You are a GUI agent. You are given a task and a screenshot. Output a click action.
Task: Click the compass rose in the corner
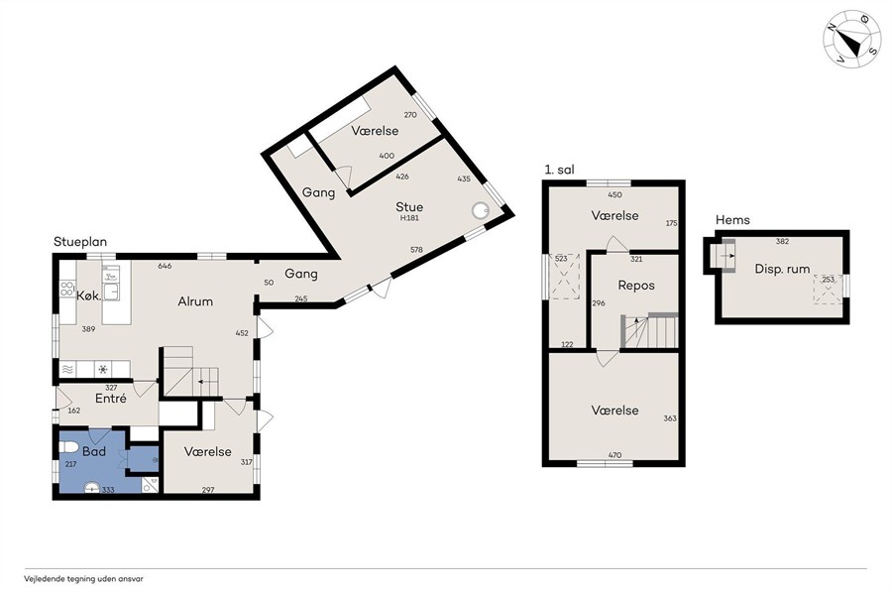click(x=851, y=39)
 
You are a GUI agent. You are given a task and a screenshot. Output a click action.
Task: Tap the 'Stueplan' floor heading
click(x=80, y=242)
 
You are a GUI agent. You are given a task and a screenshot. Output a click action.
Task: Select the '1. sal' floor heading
click(x=559, y=170)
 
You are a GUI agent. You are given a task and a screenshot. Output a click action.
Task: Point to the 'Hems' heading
click(x=732, y=220)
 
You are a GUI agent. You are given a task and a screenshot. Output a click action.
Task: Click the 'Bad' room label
click(x=94, y=451)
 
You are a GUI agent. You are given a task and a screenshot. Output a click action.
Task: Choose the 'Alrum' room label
click(x=195, y=301)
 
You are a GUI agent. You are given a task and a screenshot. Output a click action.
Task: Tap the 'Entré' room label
click(x=111, y=399)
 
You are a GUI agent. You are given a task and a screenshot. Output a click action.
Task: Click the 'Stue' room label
click(x=409, y=206)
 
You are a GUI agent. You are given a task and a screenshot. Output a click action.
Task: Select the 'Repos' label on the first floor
click(x=636, y=286)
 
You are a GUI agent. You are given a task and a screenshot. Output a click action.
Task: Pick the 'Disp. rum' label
click(x=782, y=270)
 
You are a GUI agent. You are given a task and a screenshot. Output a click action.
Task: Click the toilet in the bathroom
click(x=68, y=445)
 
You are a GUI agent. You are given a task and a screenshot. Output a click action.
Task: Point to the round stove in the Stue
click(x=481, y=210)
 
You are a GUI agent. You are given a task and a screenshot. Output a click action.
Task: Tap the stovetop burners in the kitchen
click(x=67, y=289)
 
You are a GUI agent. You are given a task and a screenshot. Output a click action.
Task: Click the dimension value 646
click(x=165, y=266)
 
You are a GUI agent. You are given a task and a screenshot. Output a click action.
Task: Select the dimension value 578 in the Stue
click(x=416, y=249)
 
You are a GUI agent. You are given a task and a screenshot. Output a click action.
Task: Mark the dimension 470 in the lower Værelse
click(x=614, y=455)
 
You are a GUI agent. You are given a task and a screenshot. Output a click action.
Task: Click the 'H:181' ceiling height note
click(x=409, y=218)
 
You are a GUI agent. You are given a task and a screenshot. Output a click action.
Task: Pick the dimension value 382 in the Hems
click(x=782, y=241)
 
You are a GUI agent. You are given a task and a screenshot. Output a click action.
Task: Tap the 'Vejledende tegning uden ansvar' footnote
click(x=83, y=579)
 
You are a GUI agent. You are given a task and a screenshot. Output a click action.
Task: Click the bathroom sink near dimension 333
click(x=91, y=488)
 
